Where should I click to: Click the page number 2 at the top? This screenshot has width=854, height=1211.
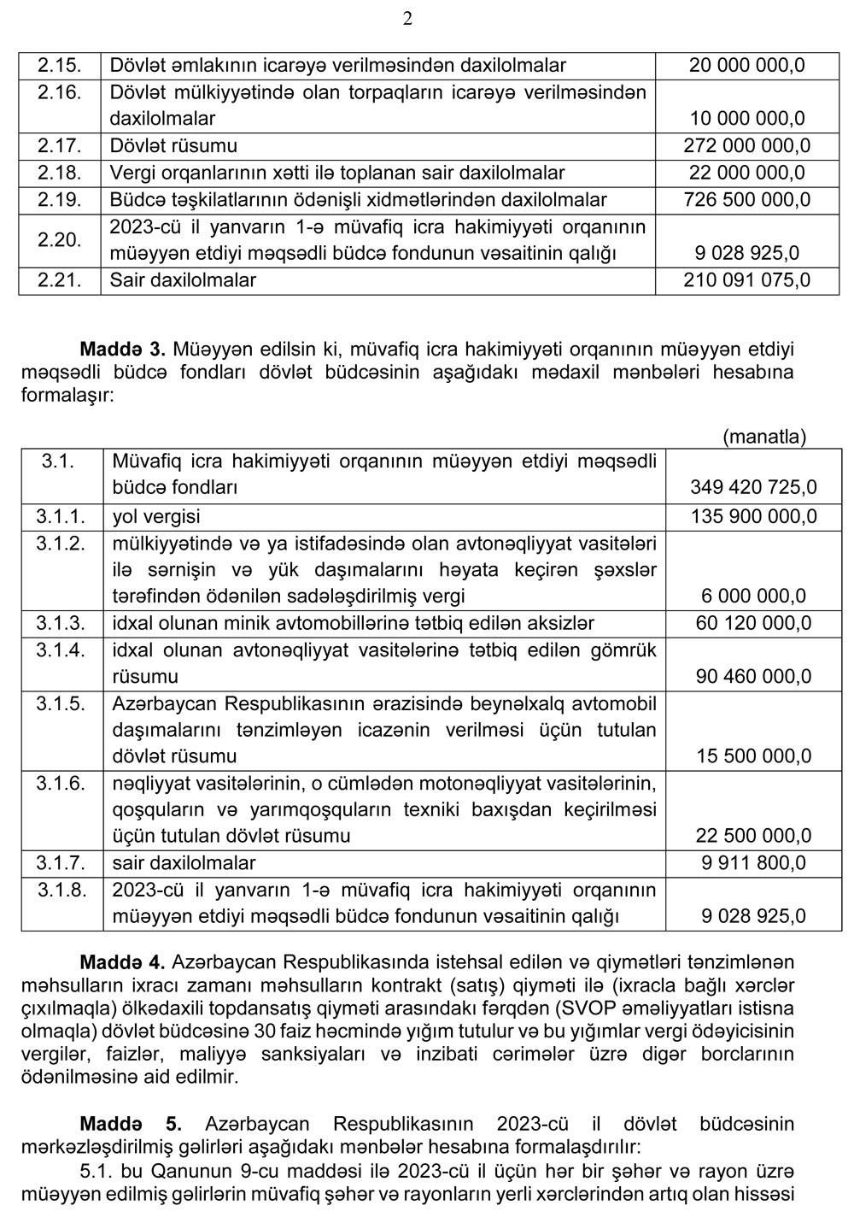(407, 19)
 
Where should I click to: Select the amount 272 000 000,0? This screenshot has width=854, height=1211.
(746, 145)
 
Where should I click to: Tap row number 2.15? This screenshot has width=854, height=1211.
(59, 65)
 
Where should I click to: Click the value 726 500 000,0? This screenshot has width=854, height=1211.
(746, 199)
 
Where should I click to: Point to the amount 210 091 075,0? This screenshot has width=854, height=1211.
(746, 279)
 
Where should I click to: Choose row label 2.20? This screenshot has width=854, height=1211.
(59, 239)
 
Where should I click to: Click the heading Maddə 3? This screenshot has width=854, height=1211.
(122, 349)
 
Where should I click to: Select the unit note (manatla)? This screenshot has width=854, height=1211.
(763, 437)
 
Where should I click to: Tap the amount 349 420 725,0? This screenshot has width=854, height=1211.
(752, 487)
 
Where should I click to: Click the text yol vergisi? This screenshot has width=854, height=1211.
(156, 516)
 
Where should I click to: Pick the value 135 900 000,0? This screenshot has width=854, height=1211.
(752, 516)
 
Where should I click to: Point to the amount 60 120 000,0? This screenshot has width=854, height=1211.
(752, 623)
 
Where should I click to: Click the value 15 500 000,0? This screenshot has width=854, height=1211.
(752, 756)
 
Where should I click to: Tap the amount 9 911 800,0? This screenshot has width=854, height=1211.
(752, 863)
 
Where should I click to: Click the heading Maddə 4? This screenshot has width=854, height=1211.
(122, 961)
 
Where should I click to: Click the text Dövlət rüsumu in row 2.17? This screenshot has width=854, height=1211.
(173, 145)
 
